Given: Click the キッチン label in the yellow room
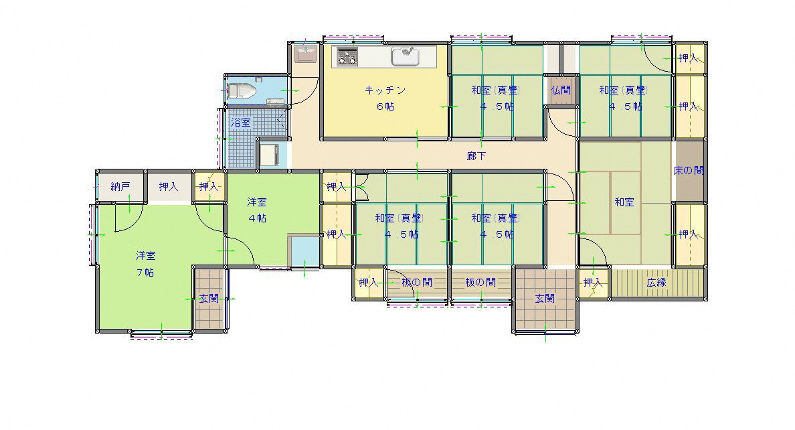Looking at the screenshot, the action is [385, 90].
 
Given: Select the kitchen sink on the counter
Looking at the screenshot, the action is [405, 56].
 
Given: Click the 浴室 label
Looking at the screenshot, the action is [241, 123].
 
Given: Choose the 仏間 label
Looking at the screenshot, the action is [561, 90].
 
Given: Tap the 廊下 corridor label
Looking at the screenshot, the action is [476, 156].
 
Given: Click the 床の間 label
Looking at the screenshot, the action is [689, 171].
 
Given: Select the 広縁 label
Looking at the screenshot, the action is [656, 282].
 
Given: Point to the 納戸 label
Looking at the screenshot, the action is [120, 186].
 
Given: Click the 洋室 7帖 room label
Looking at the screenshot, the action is [145, 263].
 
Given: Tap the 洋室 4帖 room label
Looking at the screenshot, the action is [257, 210].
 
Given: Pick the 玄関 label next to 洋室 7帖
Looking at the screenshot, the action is [208, 298].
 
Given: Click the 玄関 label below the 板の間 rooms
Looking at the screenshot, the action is [545, 298].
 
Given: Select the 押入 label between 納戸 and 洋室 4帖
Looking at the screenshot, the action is [169, 186].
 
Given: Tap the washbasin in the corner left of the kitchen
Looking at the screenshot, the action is [305, 54].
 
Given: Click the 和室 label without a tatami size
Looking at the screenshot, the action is [624, 202].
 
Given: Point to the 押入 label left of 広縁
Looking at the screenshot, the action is [592, 282].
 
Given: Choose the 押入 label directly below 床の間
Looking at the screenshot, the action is [689, 234].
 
